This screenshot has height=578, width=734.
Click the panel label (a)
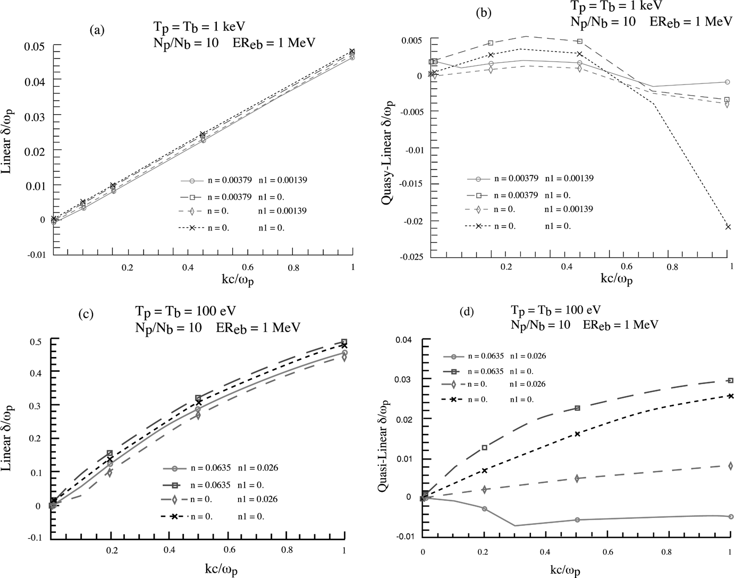[x=96, y=30]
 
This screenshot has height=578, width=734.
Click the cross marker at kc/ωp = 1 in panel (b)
[x=728, y=227]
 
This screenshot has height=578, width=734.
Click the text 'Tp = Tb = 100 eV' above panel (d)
[x=556, y=310]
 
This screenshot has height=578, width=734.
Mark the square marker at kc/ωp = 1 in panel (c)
[x=344, y=342]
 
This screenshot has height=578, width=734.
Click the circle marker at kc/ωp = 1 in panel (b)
[x=728, y=82]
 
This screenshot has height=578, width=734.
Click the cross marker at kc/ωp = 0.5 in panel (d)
[x=577, y=434]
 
